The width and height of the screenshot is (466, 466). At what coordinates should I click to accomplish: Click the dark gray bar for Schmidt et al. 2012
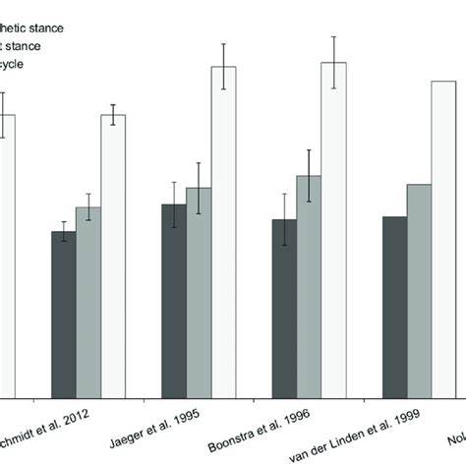pyautogui.click(x=64, y=314)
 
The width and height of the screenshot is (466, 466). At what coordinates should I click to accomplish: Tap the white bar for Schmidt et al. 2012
pyautogui.click(x=114, y=256)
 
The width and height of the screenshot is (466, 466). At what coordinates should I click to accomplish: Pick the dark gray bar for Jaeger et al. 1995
pyautogui.click(x=174, y=300)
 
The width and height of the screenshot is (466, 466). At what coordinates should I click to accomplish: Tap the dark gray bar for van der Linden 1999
pyautogui.click(x=394, y=306)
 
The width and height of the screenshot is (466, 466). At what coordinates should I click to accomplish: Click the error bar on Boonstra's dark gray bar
pyautogui.click(x=284, y=219)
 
